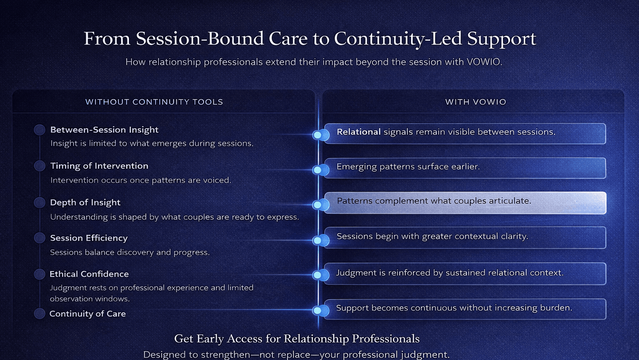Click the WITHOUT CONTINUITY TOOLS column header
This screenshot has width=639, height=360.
[x=154, y=102]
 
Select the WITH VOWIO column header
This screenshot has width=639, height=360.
[x=476, y=102]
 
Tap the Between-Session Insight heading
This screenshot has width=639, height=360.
[x=104, y=130]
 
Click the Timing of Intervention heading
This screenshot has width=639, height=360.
[x=99, y=166]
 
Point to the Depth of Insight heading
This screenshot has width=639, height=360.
[x=85, y=202]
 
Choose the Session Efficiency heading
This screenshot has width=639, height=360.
[x=89, y=238]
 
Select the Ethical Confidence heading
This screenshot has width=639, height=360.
[x=89, y=274]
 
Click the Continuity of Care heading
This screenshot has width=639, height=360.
[x=87, y=314]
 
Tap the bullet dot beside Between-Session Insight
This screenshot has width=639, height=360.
[x=40, y=130]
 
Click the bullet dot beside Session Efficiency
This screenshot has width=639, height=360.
[x=40, y=238]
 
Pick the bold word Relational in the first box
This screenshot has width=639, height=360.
[x=359, y=132]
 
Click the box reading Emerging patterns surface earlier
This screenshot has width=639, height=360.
[x=465, y=168]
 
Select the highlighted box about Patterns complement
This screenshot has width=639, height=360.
[x=465, y=202]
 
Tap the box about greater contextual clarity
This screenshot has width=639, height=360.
[x=465, y=237]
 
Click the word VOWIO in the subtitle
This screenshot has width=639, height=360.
[x=483, y=62]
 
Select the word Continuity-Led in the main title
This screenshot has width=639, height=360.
[x=398, y=39]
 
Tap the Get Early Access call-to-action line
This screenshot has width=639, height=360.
[x=297, y=339]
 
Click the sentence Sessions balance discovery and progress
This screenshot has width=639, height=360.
[x=130, y=252]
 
